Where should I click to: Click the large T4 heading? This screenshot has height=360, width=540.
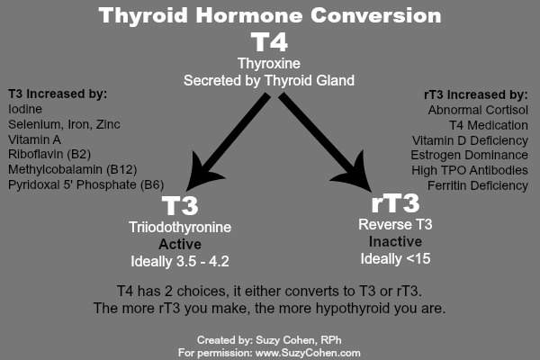coord(269,42)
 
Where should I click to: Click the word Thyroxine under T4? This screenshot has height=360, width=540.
coord(269,64)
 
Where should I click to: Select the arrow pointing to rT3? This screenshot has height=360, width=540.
coord(325,142)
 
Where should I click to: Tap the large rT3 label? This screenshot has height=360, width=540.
coord(396,202)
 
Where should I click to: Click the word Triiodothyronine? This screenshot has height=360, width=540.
coord(180,228)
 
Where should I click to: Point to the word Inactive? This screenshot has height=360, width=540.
coord(395,242)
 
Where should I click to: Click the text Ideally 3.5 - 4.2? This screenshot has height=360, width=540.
coord(180,262)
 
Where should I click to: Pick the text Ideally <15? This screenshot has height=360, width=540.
coord(395,259)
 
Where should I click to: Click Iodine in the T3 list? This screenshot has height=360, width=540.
coord(25,109)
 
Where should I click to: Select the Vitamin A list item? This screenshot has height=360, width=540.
coord(34,139)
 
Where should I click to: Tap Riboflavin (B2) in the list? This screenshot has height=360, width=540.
coord(49,154)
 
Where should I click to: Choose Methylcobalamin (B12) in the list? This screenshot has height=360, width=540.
coord(73,169)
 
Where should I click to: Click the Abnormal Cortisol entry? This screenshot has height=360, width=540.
coord(478,110)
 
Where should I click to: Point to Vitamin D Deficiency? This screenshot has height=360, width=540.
coord(470,140)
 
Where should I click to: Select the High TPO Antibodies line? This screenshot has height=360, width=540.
coord(470,170)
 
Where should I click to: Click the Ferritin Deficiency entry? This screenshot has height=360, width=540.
coord(478,185)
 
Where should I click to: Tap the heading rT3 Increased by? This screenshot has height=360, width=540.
coord(475,94)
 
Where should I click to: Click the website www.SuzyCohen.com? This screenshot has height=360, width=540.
coord(308,353)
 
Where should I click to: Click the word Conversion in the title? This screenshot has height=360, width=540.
coord(375,16)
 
